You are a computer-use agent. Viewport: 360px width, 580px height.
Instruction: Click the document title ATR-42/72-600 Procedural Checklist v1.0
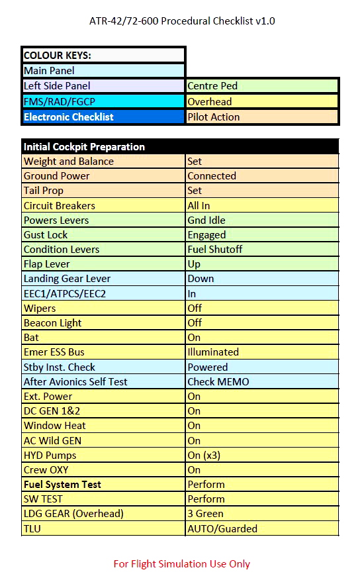click(x=182, y=21)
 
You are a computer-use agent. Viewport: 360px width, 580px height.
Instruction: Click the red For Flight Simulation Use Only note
click(x=182, y=563)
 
